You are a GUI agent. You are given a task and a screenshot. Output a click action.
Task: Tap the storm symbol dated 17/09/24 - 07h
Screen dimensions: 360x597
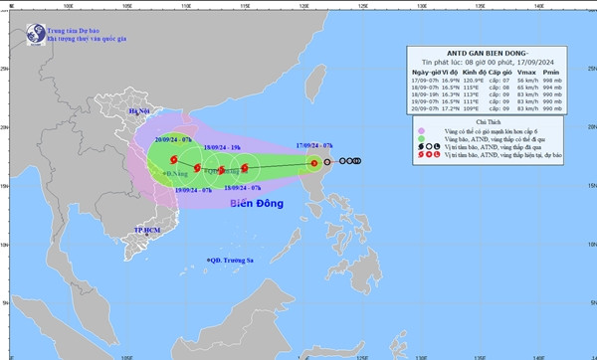click(313, 163)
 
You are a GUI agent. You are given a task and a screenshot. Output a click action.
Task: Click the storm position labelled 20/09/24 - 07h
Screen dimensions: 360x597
click(174, 159)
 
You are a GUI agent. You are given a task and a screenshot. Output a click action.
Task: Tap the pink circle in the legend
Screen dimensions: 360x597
click(422, 130)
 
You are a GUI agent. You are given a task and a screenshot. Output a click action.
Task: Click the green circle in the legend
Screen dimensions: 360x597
click(422, 140)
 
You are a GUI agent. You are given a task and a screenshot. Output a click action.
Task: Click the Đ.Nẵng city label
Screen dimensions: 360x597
click(178, 173)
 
